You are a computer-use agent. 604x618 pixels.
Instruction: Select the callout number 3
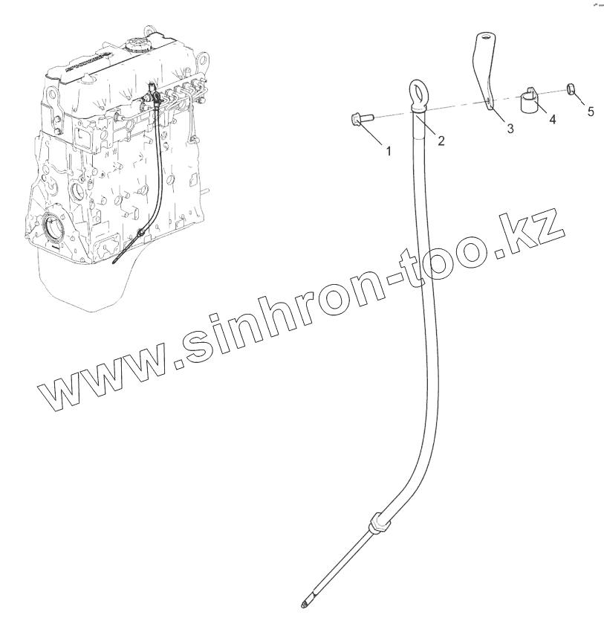[x=510, y=129]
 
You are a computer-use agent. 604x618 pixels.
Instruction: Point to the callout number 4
[x=552, y=118]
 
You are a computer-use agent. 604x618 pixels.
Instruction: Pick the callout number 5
[x=591, y=112]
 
